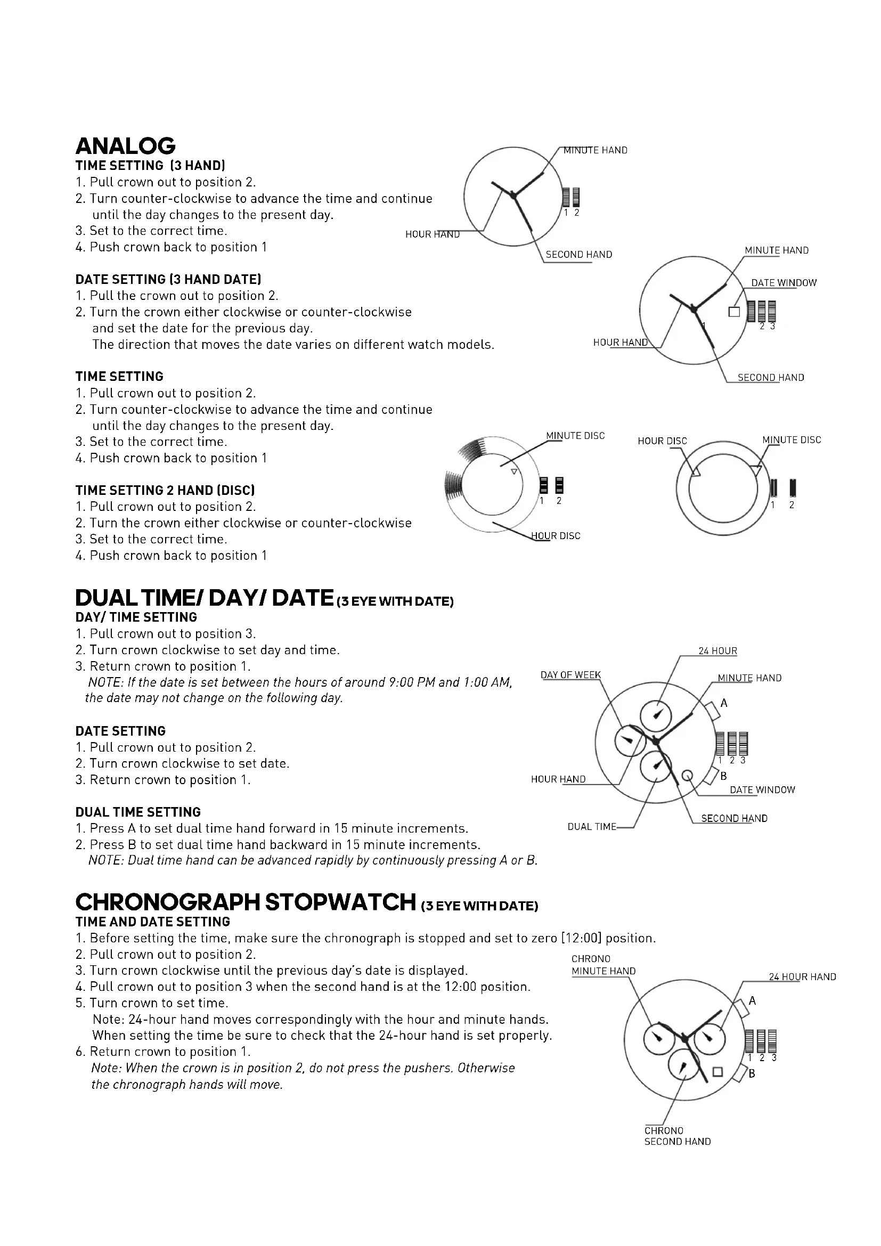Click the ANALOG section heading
[x=125, y=145]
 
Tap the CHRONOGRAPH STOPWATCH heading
[x=245, y=902]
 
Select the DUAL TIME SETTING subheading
[x=138, y=812]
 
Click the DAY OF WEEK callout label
[x=570, y=674]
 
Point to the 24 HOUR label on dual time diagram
[x=717, y=650]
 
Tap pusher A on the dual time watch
[x=711, y=710]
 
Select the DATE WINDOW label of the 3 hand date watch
[x=784, y=283]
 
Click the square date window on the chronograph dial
[x=717, y=1071]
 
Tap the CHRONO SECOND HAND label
[x=677, y=1136]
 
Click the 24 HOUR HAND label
[x=802, y=977]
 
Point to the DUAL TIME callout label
[x=591, y=827]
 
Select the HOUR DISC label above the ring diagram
[x=662, y=441]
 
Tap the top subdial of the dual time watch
[x=656, y=715]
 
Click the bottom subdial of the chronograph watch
[x=683, y=1066]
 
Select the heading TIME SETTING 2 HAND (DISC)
[x=165, y=490]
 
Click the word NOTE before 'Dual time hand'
[x=106, y=860]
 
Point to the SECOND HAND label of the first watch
[x=578, y=255]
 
